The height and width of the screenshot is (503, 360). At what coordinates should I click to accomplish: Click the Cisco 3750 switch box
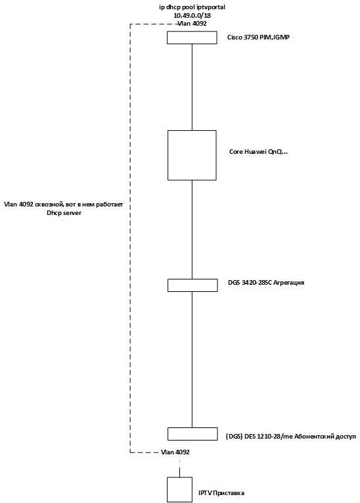[192, 37]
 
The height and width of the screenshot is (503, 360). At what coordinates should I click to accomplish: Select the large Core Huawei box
[192, 155]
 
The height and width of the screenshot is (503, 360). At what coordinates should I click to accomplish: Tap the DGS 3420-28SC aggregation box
[192, 285]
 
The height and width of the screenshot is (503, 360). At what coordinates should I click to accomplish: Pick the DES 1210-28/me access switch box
[192, 434]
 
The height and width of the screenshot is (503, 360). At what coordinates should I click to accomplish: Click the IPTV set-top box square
[179, 490]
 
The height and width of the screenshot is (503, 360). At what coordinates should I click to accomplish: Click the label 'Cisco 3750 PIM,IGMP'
[258, 37]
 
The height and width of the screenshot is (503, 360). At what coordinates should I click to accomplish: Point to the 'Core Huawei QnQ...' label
[258, 152]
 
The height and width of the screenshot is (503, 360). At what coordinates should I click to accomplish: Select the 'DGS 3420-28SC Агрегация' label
[266, 283]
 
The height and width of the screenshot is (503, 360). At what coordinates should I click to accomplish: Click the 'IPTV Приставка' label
[221, 493]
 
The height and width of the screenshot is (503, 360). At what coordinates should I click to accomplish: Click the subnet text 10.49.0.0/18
[192, 15]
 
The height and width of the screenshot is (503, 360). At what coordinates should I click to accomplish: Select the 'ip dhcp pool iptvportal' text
[192, 7]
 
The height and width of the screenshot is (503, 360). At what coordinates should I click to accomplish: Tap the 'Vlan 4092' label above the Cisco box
[192, 24]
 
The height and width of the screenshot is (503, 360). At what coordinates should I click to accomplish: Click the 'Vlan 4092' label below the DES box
[175, 452]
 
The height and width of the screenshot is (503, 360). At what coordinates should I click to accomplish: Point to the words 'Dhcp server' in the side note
[64, 212]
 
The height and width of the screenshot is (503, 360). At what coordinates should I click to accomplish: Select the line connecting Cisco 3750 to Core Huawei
[192, 87]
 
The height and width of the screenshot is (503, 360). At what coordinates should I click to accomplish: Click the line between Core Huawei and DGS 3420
[192, 229]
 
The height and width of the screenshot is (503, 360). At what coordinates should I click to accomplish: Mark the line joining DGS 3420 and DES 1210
[192, 360]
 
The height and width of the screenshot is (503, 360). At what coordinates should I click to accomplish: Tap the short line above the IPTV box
[179, 472]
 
